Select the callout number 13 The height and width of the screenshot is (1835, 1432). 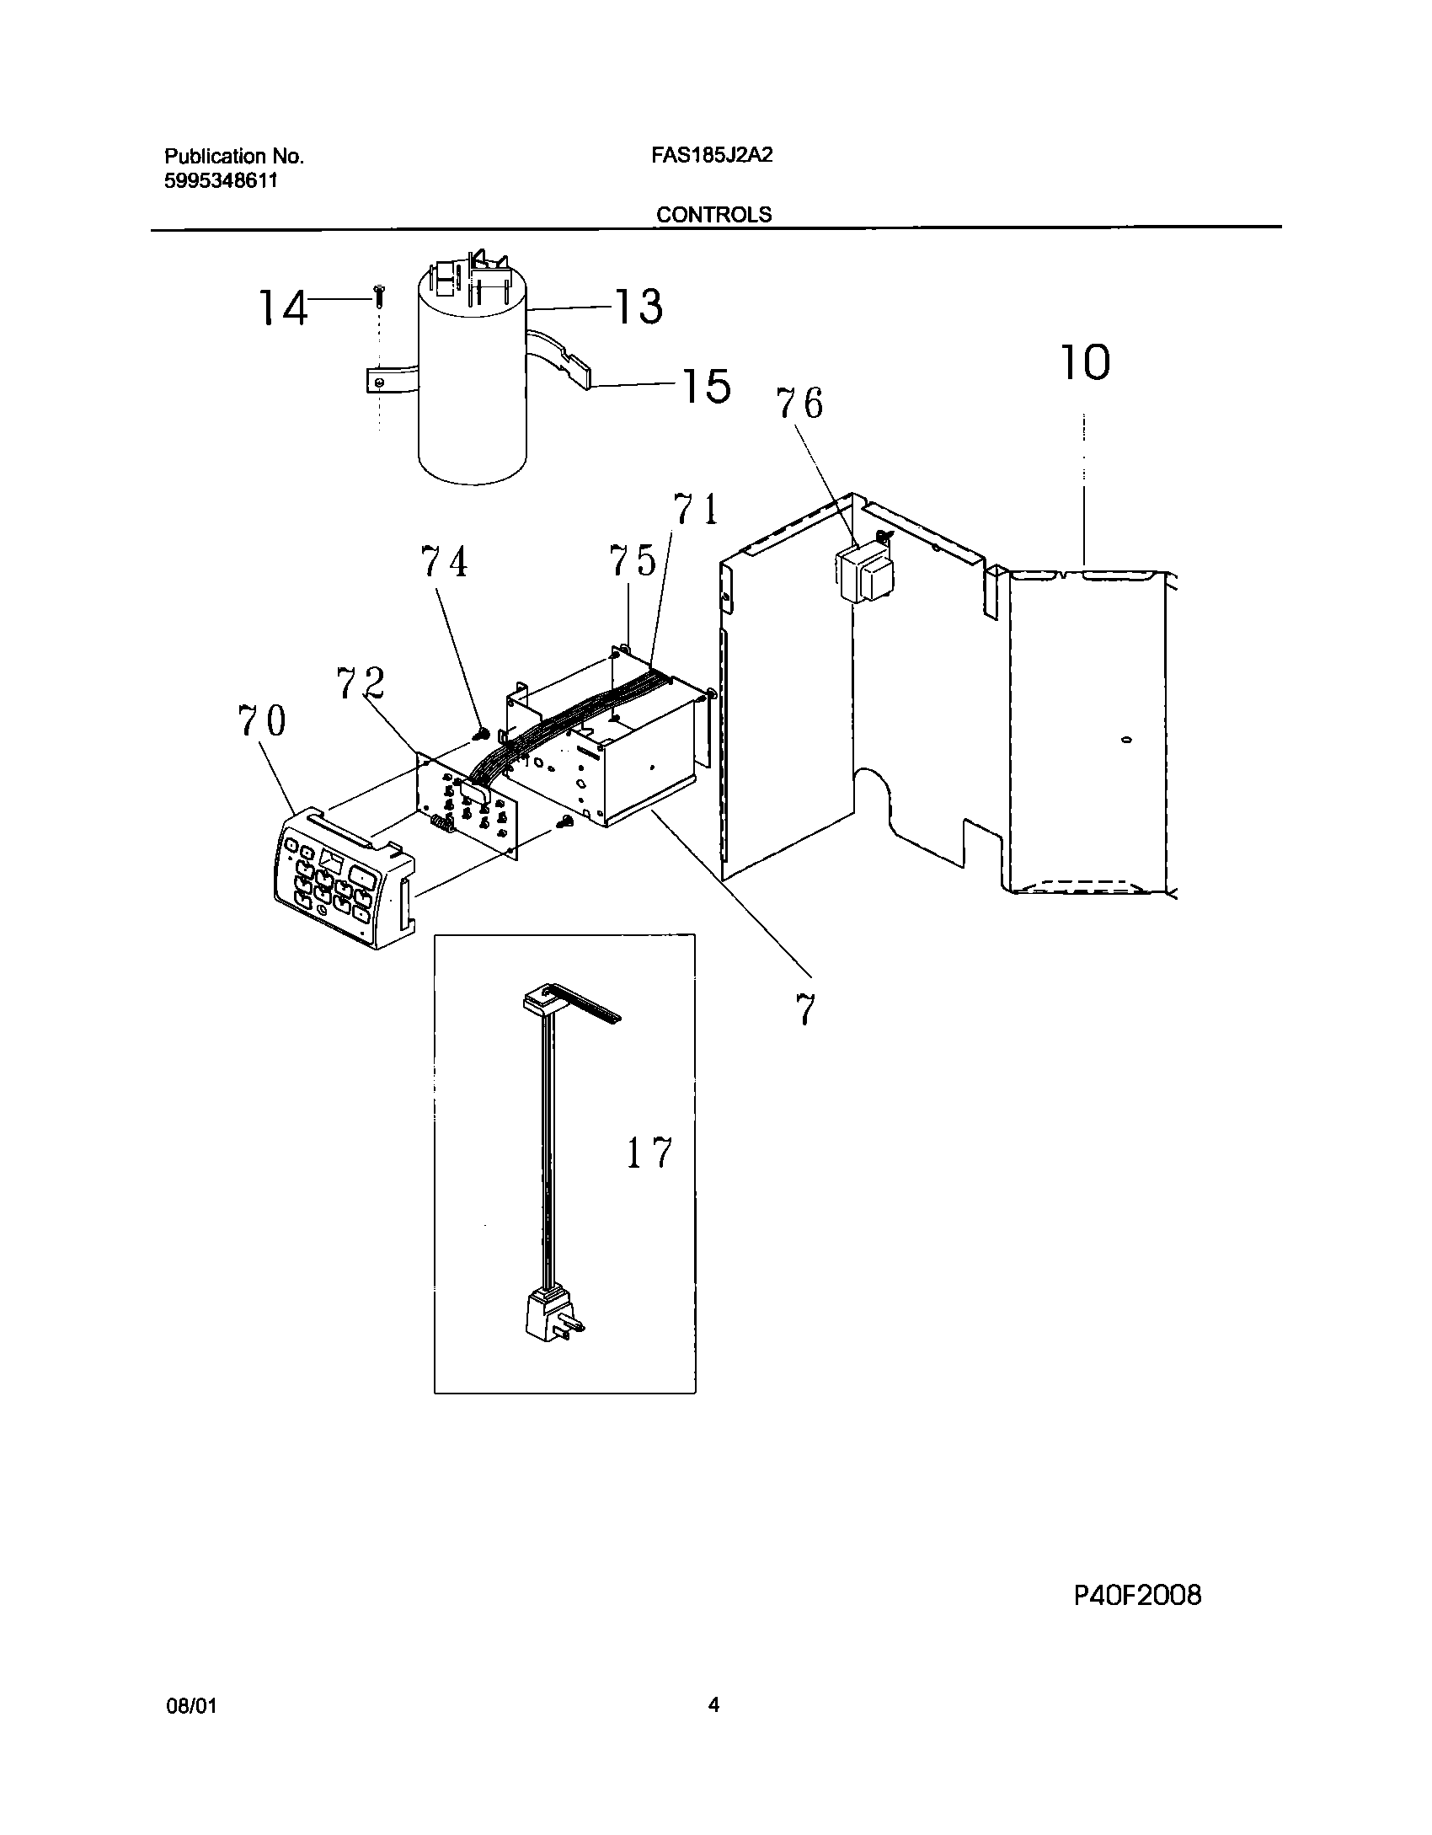[638, 306]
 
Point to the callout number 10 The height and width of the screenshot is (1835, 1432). [1084, 362]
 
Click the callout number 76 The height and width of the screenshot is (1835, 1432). [799, 404]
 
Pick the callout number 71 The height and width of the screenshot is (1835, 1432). [695, 510]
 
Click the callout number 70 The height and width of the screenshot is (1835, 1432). [262, 721]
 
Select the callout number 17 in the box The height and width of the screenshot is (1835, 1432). [649, 1153]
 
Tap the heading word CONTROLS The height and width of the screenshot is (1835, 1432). [713, 215]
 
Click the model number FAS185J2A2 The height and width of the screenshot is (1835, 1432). [712, 156]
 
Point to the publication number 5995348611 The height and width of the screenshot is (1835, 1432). [221, 180]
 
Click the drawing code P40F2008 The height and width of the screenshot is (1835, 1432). [1137, 1595]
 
